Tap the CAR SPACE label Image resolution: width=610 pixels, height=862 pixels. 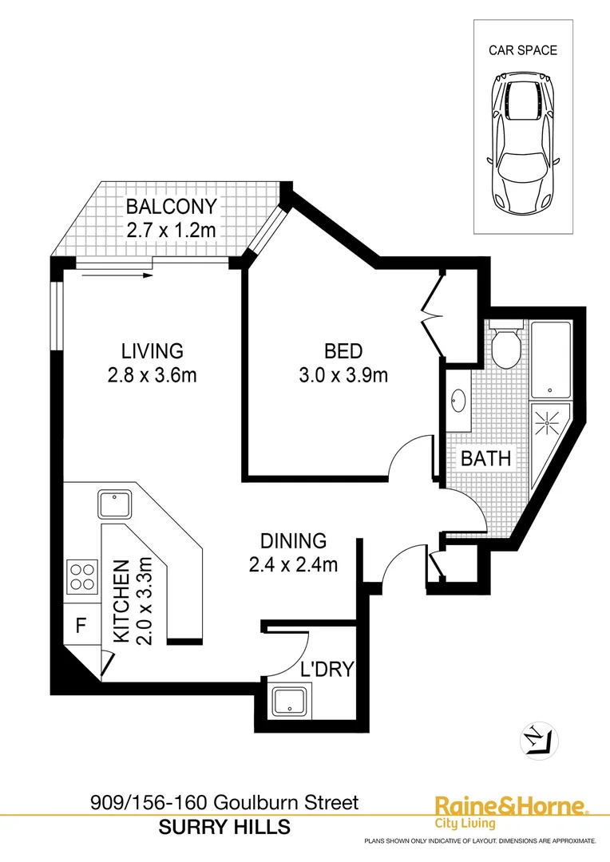523,50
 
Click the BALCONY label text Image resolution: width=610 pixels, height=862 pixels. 171,207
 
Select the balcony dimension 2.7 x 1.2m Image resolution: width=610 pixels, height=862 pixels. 171,231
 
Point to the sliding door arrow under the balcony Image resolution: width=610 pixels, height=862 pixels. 116,275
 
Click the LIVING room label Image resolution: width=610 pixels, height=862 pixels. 152,350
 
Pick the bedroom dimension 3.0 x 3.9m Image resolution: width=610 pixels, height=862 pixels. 343,374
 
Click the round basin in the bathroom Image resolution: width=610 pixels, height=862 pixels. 459,400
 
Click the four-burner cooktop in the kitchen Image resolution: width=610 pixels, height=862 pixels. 81,575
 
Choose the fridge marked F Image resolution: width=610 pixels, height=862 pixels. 81,625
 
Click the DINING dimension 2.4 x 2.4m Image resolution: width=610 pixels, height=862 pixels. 293,564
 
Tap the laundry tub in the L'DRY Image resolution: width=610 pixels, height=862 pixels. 290,702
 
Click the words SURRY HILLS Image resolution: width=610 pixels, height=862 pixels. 224,828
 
